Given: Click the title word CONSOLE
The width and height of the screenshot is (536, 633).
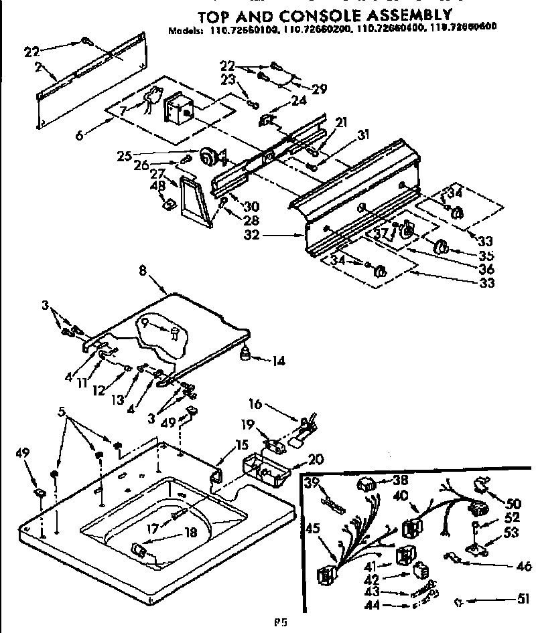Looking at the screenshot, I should point(317,14).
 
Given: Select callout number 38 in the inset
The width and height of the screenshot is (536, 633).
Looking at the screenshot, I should point(401,479).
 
